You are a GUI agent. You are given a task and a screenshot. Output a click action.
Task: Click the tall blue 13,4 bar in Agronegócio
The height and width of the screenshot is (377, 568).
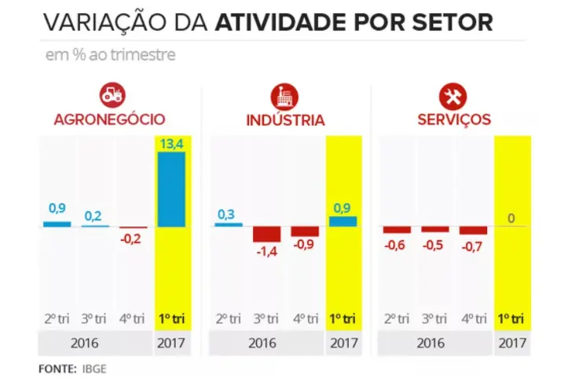point(171,189)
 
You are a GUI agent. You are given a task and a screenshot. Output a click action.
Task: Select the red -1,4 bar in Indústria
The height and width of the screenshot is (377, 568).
point(266,234)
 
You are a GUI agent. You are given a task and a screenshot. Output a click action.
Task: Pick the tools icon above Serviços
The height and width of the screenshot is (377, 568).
point(455,96)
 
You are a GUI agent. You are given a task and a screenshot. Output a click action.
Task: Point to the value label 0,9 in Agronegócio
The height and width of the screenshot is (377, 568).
point(57,209)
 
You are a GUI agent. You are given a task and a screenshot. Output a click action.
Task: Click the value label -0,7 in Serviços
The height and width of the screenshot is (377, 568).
point(473,246)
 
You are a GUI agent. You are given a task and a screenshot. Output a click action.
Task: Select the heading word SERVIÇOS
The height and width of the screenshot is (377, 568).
point(455,120)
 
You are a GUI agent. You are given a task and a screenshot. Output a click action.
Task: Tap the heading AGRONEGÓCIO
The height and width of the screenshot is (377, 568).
point(110,120)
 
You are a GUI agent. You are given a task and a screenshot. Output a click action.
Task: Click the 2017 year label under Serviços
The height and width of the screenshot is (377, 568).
point(512,344)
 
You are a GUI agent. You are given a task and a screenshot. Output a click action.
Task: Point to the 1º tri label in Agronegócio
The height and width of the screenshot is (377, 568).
point(171,319)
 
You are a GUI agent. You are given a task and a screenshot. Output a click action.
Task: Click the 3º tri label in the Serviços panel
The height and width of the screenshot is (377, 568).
point(435,319)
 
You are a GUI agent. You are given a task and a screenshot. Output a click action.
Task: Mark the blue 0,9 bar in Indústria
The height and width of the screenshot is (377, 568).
point(343,221)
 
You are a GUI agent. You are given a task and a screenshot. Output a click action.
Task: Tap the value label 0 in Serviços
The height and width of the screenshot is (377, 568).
point(511,217)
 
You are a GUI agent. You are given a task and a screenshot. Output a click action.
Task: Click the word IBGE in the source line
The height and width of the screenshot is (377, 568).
point(93,368)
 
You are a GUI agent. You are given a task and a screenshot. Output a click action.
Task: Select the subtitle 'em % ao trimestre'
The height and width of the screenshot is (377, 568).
point(109,55)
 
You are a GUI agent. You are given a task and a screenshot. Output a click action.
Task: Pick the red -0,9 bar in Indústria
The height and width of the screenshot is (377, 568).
point(305,231)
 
